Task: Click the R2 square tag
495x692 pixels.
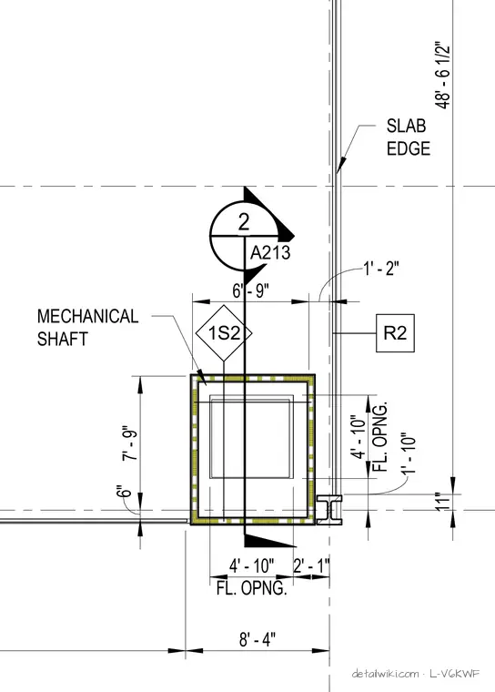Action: coord(395,333)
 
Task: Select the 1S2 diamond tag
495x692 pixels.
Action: coord(224,333)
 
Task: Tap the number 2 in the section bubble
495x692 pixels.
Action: coord(244,222)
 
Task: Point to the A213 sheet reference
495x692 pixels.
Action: coord(270,253)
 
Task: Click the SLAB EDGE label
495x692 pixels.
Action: coord(408,137)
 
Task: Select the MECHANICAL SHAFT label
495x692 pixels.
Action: coord(87,328)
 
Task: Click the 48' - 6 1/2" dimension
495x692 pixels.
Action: coord(442,76)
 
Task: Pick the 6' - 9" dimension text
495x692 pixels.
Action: coord(250,291)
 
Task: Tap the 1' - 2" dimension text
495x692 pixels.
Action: coord(381,269)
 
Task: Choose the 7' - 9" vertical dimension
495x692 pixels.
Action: coord(131,443)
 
